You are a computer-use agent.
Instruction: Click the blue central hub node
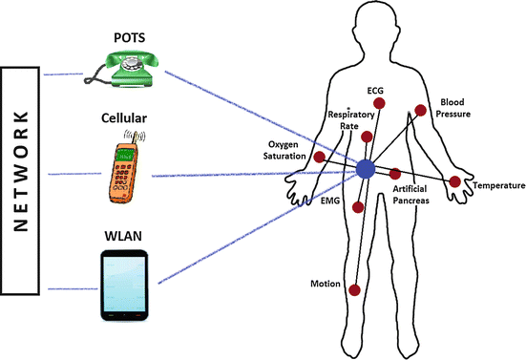click(x=366, y=170)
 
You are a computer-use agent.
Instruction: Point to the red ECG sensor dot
click(x=379, y=104)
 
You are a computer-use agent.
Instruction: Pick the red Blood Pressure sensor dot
click(x=419, y=111)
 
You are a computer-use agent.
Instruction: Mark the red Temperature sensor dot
click(x=454, y=181)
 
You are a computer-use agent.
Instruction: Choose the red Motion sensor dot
click(x=355, y=291)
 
